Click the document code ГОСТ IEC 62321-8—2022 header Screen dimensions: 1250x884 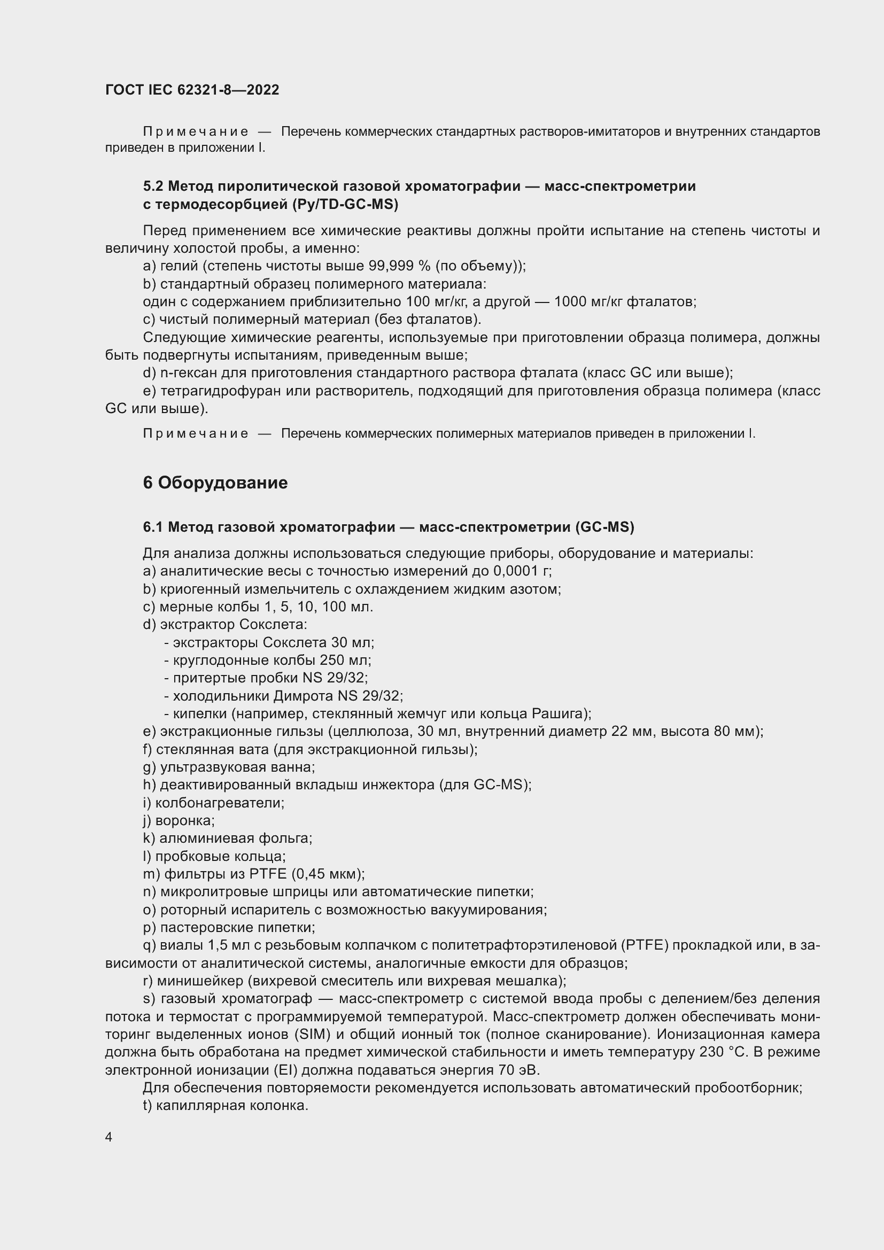click(x=192, y=90)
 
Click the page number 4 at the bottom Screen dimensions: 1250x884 click(x=109, y=1137)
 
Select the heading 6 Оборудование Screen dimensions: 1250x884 click(x=215, y=483)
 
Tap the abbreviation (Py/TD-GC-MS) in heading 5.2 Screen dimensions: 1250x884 click(x=345, y=205)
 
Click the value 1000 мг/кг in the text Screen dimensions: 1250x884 click(x=588, y=301)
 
